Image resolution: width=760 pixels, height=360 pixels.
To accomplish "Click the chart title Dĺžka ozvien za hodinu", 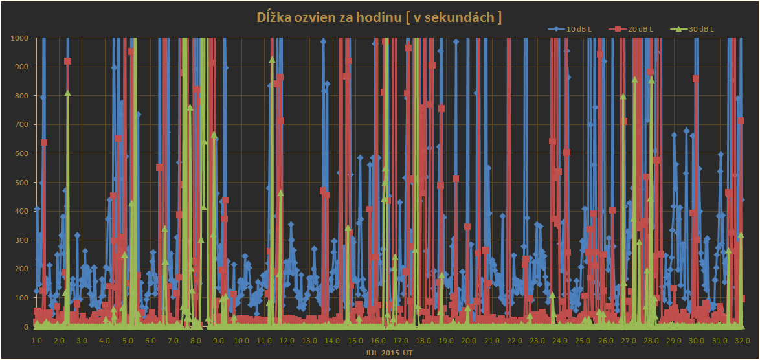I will coord(379,17).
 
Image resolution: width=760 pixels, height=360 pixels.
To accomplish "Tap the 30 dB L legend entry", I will coord(700,29).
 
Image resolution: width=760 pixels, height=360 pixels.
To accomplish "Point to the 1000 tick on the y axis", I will coord(20,38).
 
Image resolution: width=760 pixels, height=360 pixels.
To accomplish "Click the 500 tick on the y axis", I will coord(22,183).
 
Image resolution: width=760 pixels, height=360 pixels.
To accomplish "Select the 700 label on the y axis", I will coord(22,124).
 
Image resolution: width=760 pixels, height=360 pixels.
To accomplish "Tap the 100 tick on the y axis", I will coord(22,298).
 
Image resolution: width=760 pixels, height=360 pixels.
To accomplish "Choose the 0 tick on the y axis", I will coord(26,327).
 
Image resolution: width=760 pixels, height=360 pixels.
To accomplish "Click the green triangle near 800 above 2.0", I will coord(67,93).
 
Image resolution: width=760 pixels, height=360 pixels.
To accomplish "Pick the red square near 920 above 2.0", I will coord(67,62).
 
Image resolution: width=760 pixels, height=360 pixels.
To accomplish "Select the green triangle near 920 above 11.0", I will coord(272,60).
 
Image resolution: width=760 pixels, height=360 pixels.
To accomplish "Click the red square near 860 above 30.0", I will coord(696,79).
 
